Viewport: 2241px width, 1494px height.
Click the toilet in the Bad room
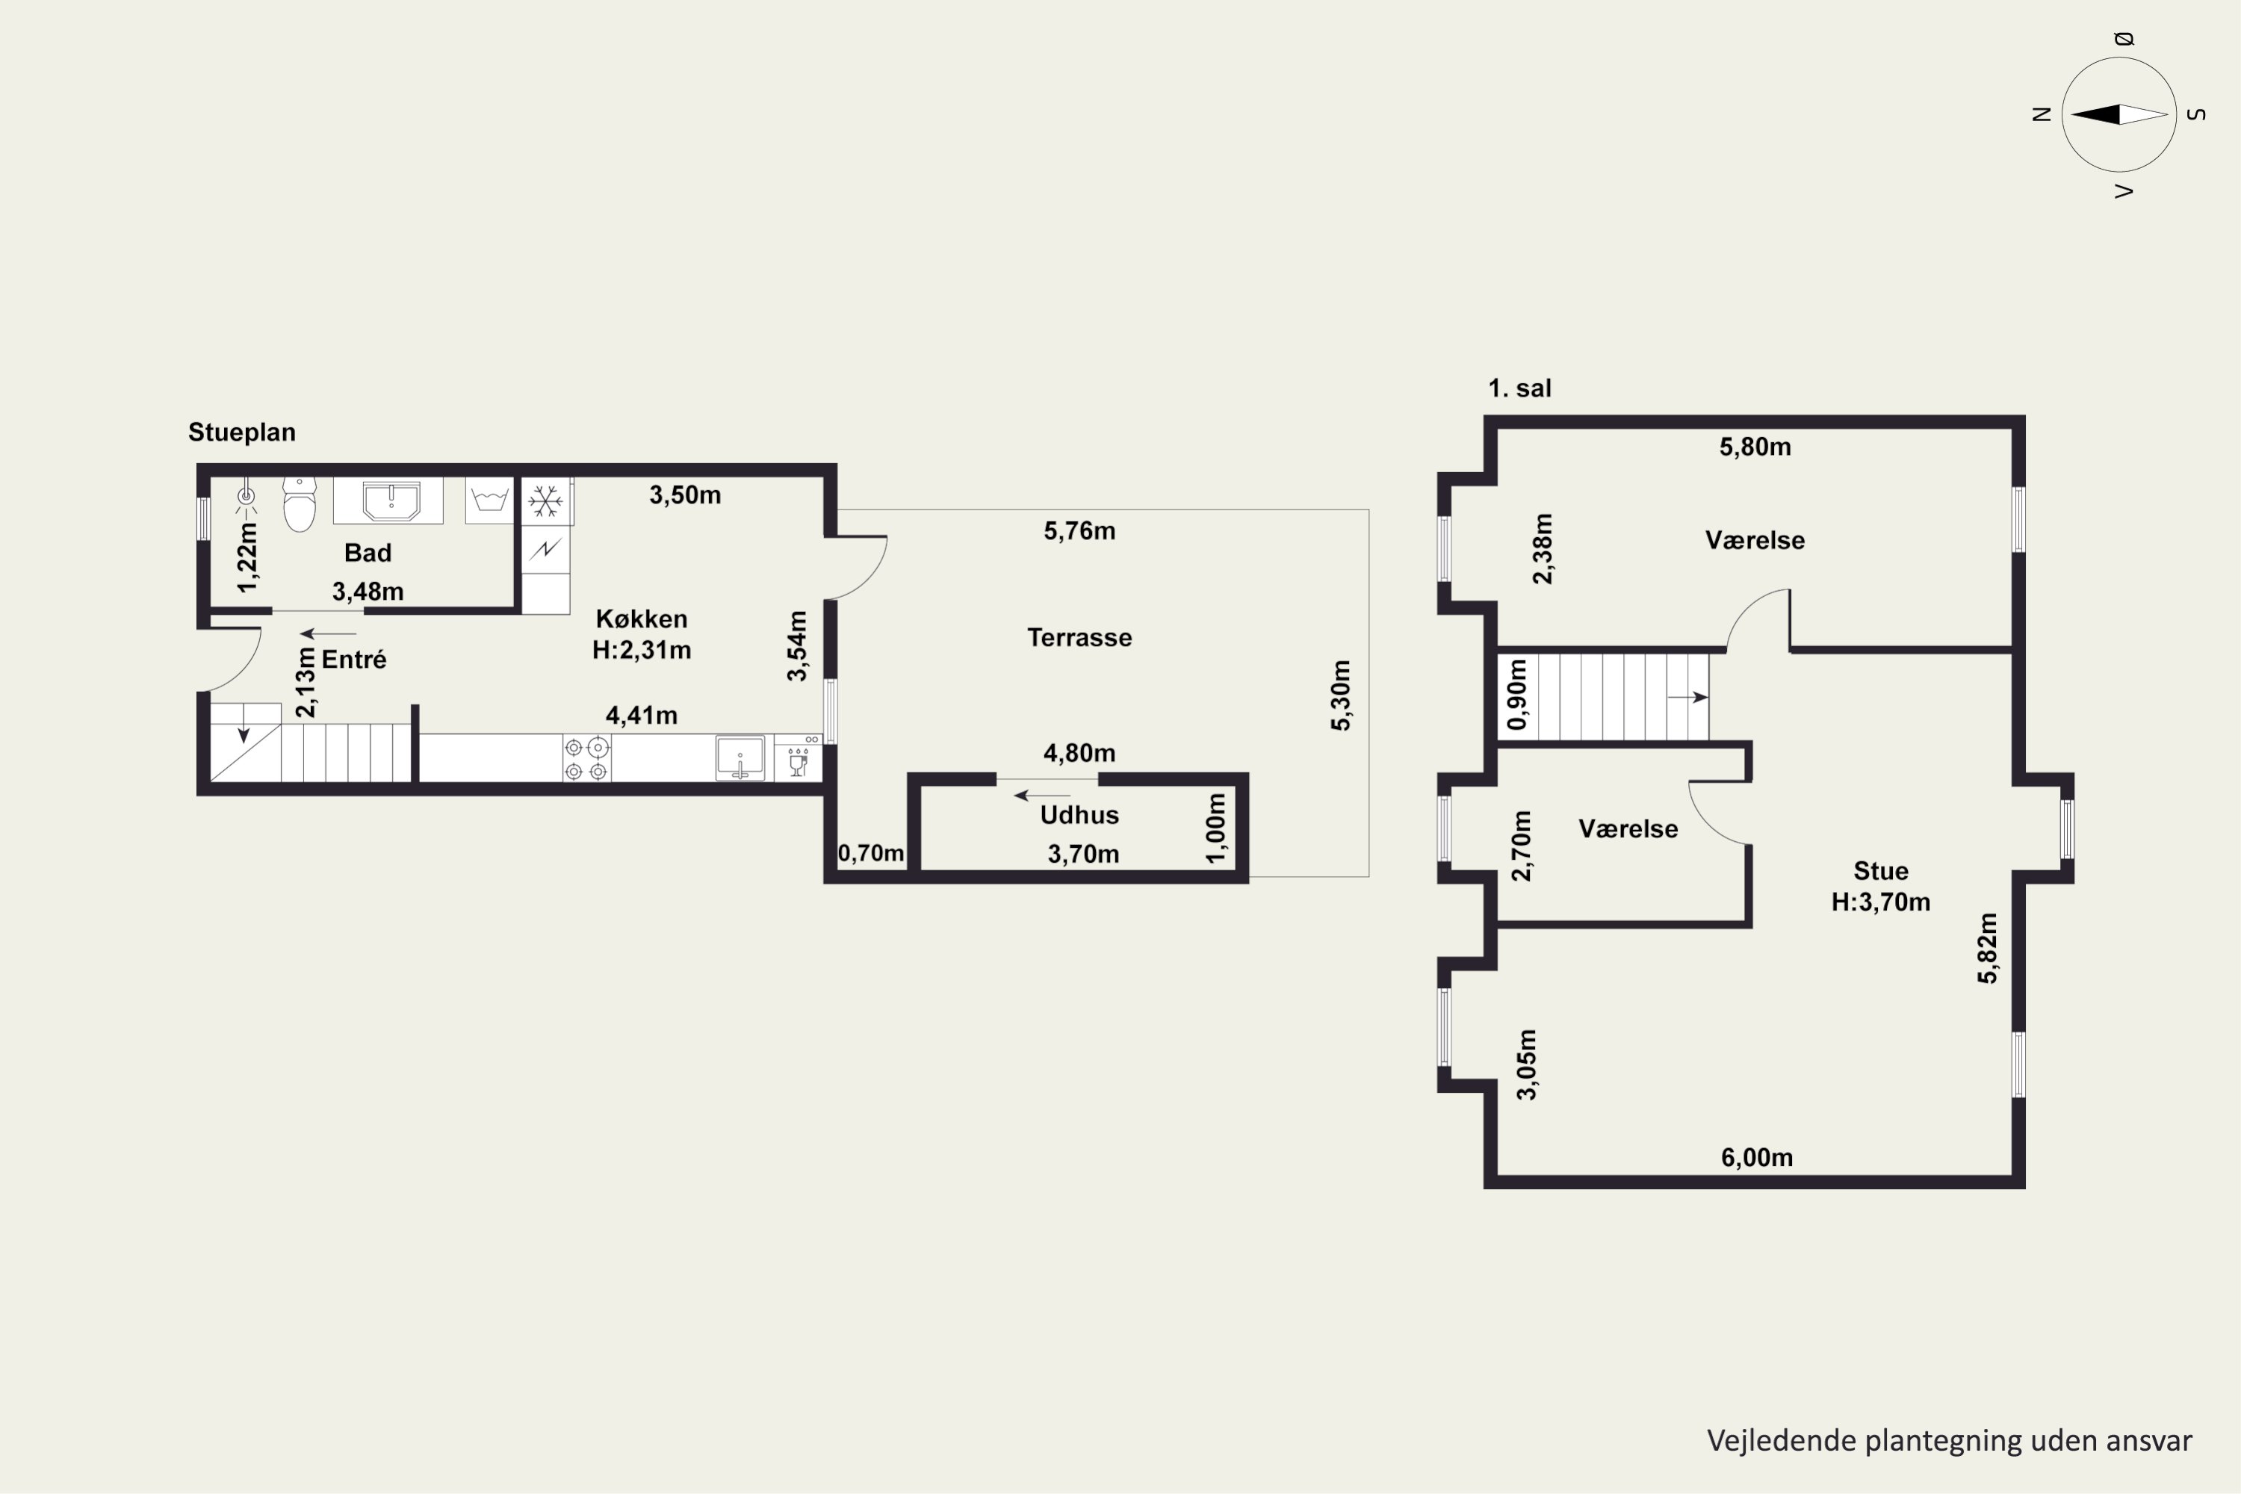300,504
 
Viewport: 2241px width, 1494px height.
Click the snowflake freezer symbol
546,501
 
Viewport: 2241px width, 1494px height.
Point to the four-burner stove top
586,758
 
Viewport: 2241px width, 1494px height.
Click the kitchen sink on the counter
740,757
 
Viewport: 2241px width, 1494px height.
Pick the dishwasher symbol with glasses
798,758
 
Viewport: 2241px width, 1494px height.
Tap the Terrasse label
1079,637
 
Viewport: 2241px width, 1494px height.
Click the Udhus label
1079,815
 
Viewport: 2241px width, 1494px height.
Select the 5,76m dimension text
1079,530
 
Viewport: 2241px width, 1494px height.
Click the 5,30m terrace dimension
1341,695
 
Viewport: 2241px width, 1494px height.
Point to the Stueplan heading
242,433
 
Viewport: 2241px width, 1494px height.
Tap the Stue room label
1881,871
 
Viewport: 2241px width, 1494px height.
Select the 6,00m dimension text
1757,1158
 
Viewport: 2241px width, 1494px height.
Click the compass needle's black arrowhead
2095,114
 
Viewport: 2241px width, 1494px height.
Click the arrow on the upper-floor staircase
1687,698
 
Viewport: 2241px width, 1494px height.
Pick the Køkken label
641,619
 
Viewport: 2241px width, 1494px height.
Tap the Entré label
353,660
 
